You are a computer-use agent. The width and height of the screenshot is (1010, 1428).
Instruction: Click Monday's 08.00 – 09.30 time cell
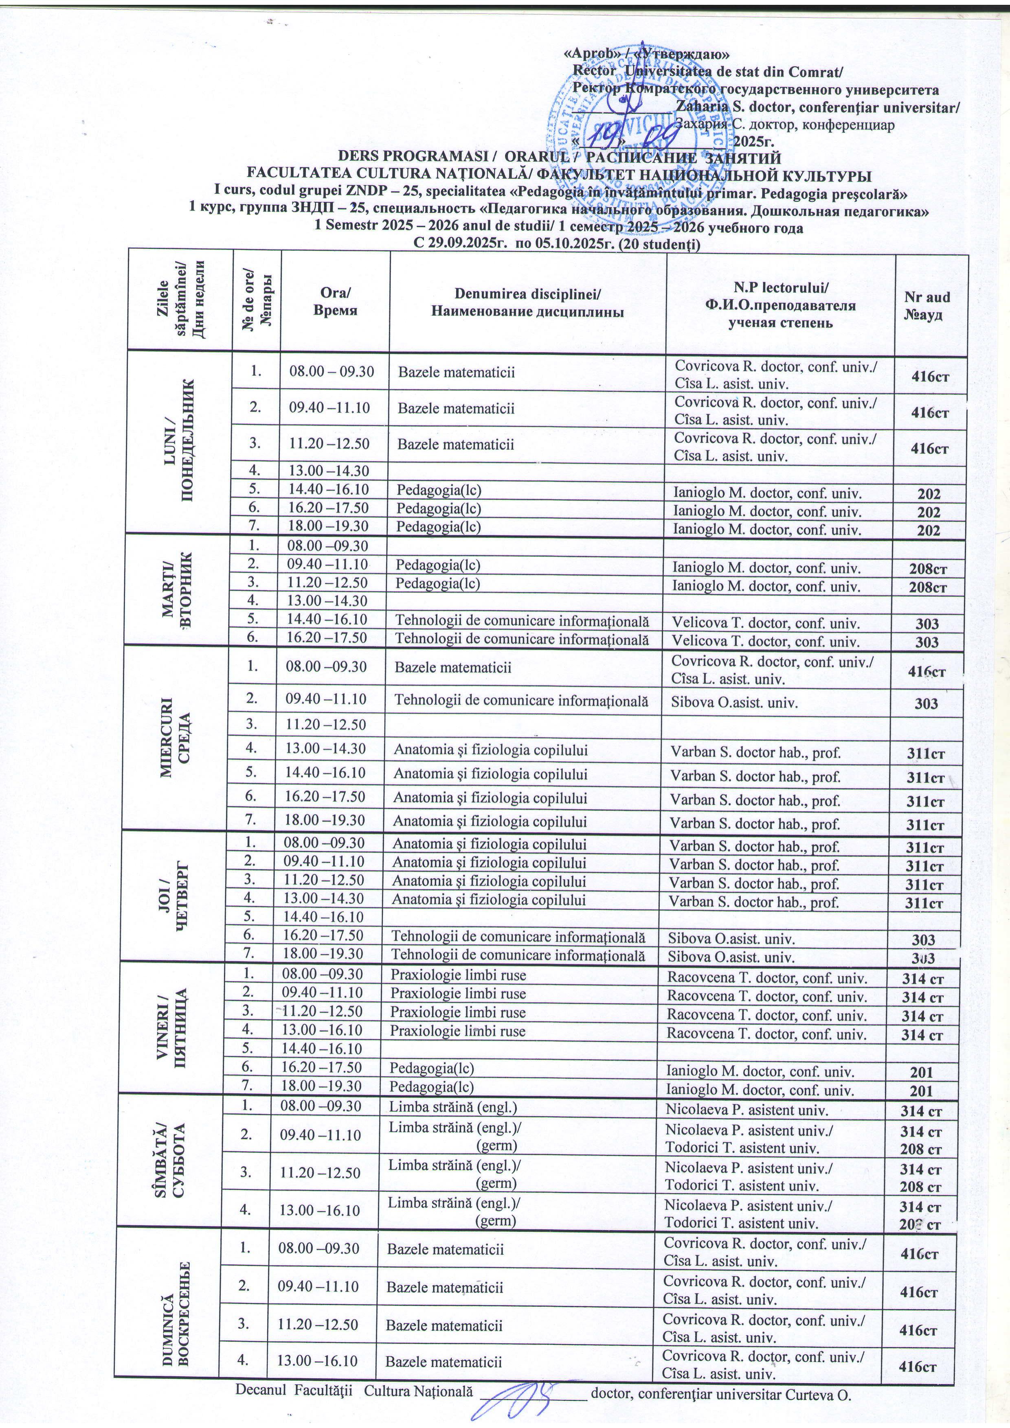pos(332,372)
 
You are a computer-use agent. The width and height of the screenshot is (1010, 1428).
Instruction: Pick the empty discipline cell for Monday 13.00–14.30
pos(527,472)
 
